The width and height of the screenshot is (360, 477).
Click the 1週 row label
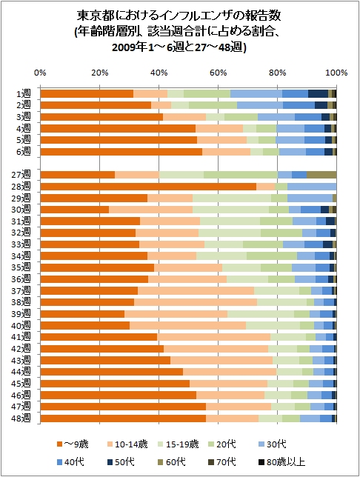(24, 93)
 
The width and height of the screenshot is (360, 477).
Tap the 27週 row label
(21, 175)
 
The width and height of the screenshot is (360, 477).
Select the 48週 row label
(21, 418)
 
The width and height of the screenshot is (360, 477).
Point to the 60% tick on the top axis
(219, 73)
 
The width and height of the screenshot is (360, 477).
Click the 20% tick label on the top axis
(100, 73)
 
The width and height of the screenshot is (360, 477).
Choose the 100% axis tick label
(336, 73)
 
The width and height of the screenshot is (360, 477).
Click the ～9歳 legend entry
(73, 444)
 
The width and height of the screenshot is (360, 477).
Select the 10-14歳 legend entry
(127, 444)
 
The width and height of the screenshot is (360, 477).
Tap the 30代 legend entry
(273, 444)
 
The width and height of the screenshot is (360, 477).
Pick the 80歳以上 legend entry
(281, 462)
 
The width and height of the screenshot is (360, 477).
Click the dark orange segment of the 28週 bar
(148, 187)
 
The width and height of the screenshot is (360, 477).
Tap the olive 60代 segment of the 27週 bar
(321, 175)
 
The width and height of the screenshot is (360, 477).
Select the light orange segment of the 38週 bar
(196, 302)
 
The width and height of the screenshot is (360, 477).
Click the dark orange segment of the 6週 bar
(121, 152)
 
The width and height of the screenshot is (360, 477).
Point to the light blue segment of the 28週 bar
(312, 187)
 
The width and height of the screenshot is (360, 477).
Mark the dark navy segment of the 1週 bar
(318, 93)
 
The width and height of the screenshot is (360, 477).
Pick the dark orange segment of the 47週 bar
(123, 407)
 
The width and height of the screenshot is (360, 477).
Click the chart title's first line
(179, 16)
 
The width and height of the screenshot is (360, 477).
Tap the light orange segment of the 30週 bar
(150, 210)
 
